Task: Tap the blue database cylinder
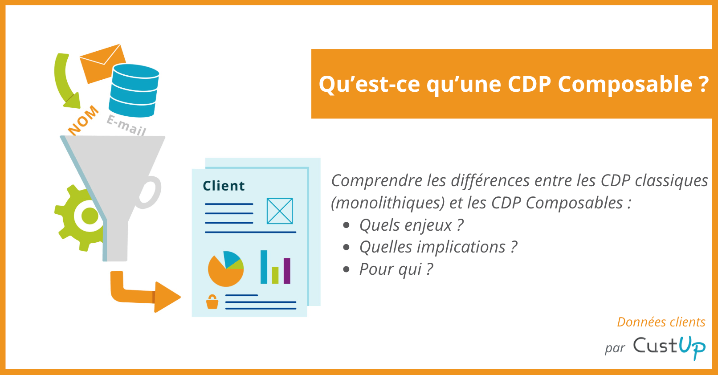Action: [x=134, y=91]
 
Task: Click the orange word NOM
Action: [x=83, y=121]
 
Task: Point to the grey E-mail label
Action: [x=126, y=125]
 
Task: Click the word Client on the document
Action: [x=224, y=186]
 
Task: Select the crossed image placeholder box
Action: [x=280, y=211]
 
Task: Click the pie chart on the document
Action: [x=226, y=269]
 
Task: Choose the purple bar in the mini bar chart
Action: [x=287, y=271]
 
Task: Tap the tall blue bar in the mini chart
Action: [x=264, y=267]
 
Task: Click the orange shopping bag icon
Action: [x=212, y=302]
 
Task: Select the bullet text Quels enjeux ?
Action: [x=412, y=225]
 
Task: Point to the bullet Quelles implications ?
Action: [x=438, y=247]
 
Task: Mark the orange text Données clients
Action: [x=661, y=322]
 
